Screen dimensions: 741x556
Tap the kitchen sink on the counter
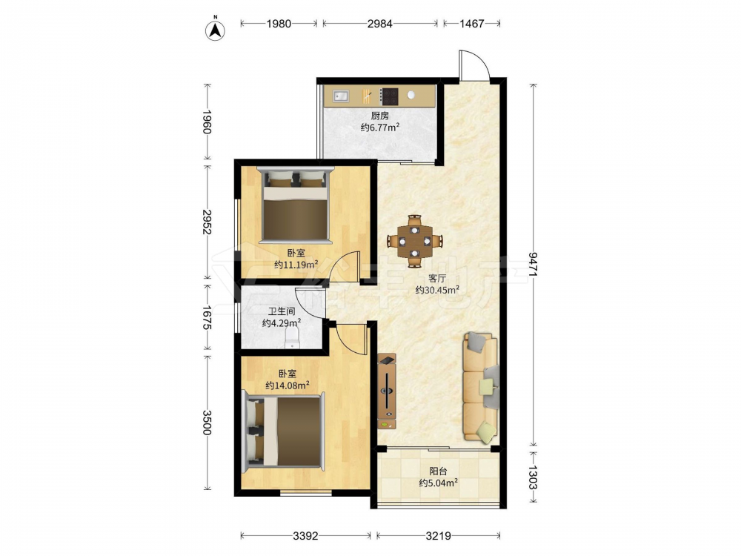click(340, 96)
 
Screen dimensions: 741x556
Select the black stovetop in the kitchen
click(390, 96)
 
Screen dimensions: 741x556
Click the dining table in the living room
click(414, 242)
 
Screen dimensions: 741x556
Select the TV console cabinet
click(388, 391)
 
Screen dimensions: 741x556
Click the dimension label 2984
click(380, 23)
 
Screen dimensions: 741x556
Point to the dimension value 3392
click(305, 536)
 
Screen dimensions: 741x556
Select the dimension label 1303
click(533, 477)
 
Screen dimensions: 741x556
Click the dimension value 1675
click(207, 318)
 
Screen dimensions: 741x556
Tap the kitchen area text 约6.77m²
click(380, 128)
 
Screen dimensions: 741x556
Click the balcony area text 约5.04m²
click(439, 483)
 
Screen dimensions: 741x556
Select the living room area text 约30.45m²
click(438, 290)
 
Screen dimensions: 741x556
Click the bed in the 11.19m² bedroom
click(296, 205)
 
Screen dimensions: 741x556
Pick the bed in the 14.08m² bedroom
click(283, 432)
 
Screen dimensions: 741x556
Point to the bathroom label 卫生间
click(282, 311)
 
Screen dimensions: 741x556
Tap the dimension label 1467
click(471, 23)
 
